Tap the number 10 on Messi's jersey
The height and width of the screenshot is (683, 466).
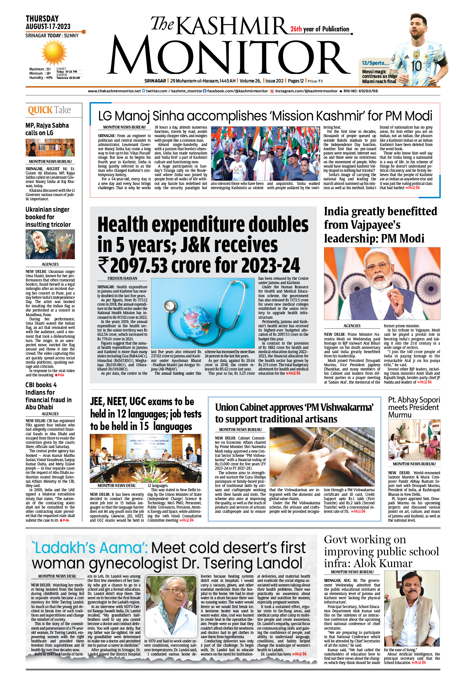[x=416, y=66]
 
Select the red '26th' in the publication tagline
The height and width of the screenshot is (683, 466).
[x=296, y=29]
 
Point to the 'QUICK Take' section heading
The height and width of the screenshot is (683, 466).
[x=49, y=110]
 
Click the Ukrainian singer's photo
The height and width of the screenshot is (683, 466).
[x=50, y=244]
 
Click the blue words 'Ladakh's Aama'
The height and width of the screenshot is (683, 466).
[x=90, y=548]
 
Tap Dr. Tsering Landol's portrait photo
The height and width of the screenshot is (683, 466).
[x=170, y=606]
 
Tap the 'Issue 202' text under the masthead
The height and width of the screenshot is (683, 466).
[x=274, y=81]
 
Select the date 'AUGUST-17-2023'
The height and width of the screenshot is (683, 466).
[x=48, y=27]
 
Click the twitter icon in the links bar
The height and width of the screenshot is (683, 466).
[x=144, y=91]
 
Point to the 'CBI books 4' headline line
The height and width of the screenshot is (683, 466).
[x=41, y=385]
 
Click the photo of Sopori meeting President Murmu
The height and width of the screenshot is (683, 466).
[x=414, y=439]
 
